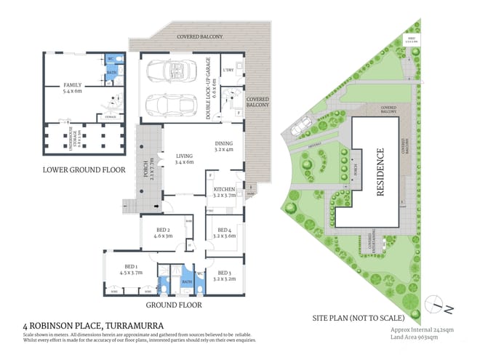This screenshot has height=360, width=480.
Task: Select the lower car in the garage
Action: (167, 106)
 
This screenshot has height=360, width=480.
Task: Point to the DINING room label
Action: (224, 147)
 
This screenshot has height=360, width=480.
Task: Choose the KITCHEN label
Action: (225, 191)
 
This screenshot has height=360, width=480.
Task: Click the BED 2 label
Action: (162, 233)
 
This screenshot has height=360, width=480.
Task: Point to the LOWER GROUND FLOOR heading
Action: (84, 170)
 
